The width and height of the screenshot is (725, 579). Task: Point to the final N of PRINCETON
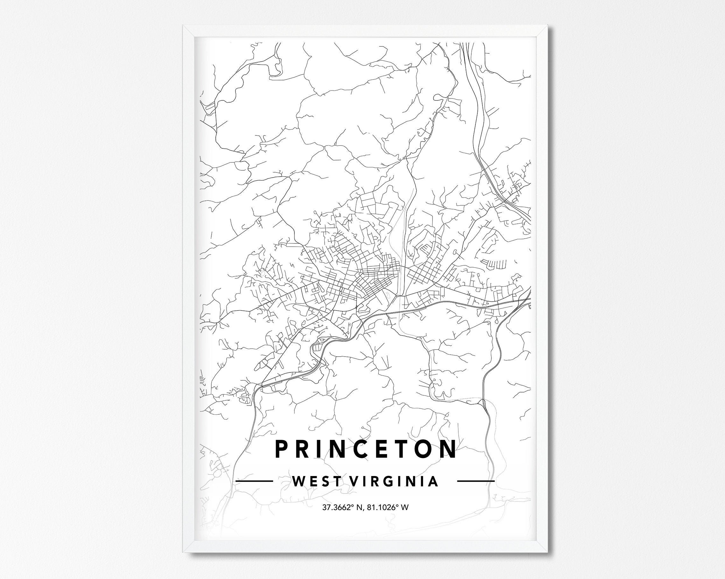click(448, 448)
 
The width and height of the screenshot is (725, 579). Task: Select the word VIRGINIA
click(394, 481)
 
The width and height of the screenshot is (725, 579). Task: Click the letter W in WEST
click(298, 481)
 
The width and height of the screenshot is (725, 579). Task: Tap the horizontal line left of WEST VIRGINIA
click(254, 481)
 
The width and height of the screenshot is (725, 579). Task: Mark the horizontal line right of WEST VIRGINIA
click(476, 481)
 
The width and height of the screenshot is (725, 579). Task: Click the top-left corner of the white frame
click(184, 26)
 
